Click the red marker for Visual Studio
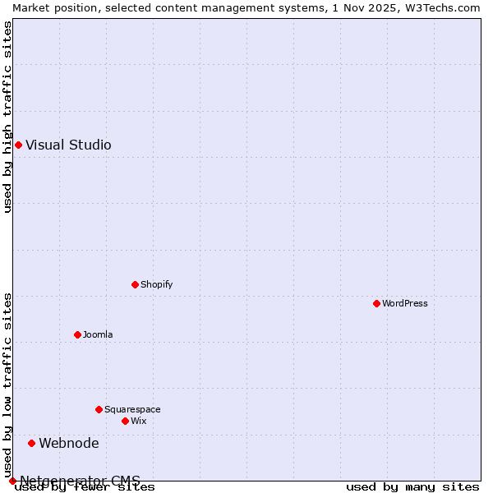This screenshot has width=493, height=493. tap(18, 145)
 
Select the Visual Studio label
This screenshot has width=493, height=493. tap(68, 145)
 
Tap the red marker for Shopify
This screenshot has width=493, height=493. tap(136, 285)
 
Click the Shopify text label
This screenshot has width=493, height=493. tap(156, 285)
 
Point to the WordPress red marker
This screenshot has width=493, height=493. tap(377, 304)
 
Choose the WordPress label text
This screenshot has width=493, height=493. tap(405, 304)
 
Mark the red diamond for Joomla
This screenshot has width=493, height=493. tap(78, 335)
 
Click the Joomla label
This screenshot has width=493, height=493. tap(98, 335)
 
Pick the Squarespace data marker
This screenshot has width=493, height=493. tap(99, 410)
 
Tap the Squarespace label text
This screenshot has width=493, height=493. tap(132, 410)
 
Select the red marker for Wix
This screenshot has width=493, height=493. tap(126, 422)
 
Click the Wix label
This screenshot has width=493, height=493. tap(139, 422)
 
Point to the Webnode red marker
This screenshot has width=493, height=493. tap(32, 444)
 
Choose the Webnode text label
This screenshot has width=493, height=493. tap(69, 444)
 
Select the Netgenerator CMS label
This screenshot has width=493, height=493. tap(80, 481)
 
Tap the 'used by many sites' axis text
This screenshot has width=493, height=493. tap(412, 487)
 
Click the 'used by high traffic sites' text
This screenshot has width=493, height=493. tap(7, 117)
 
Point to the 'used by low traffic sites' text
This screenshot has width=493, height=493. tap(7, 385)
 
